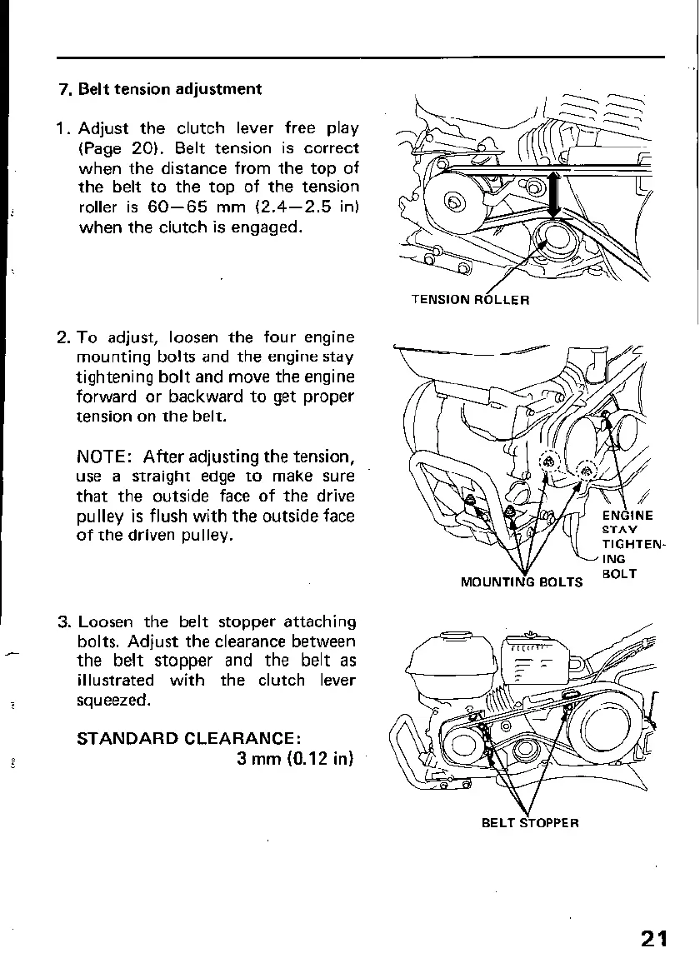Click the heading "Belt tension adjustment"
click(170, 89)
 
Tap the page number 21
click(655, 939)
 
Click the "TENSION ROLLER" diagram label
click(470, 299)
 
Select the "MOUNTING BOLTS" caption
click(522, 581)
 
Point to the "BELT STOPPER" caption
click(530, 823)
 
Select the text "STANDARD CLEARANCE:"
click(187, 739)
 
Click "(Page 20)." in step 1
click(117, 148)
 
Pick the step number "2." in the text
click(65, 337)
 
